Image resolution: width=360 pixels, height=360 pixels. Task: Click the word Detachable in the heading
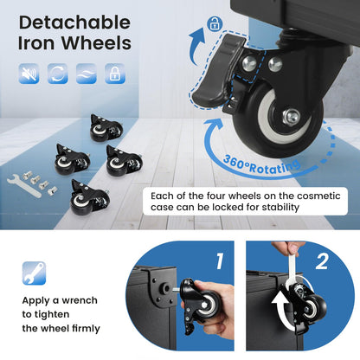(74, 22)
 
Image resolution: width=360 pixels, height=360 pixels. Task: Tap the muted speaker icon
(29, 74)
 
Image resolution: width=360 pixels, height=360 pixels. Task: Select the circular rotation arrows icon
(58, 74)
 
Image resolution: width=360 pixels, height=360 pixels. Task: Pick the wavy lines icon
(87, 74)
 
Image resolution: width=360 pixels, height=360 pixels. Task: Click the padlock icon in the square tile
(115, 74)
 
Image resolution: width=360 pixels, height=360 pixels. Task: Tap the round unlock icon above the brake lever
(215, 23)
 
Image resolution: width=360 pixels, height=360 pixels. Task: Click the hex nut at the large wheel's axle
(292, 117)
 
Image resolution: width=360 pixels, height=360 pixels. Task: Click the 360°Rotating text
(261, 165)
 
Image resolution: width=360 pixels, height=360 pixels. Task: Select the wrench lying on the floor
(24, 186)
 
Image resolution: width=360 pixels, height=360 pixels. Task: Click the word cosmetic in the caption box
(318, 196)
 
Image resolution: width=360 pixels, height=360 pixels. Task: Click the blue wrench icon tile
(34, 273)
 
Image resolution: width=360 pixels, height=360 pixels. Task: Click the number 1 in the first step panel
(220, 261)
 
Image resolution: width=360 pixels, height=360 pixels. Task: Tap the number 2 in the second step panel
(322, 261)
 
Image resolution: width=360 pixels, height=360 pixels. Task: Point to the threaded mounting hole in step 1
(165, 287)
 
